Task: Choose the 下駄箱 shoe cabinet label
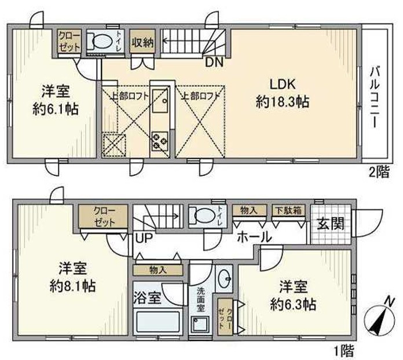click(288, 211)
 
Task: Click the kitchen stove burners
click(159, 141)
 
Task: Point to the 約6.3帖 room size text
click(295, 304)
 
